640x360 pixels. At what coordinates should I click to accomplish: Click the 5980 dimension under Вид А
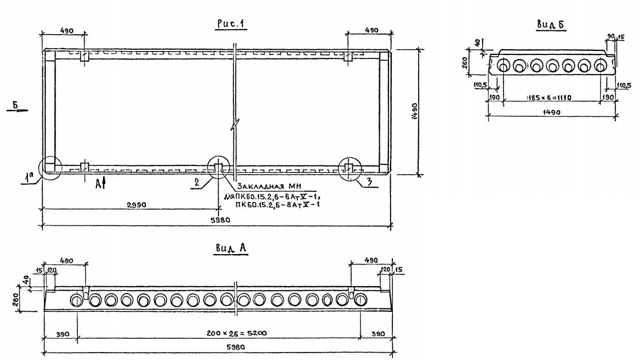[x=218, y=348]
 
